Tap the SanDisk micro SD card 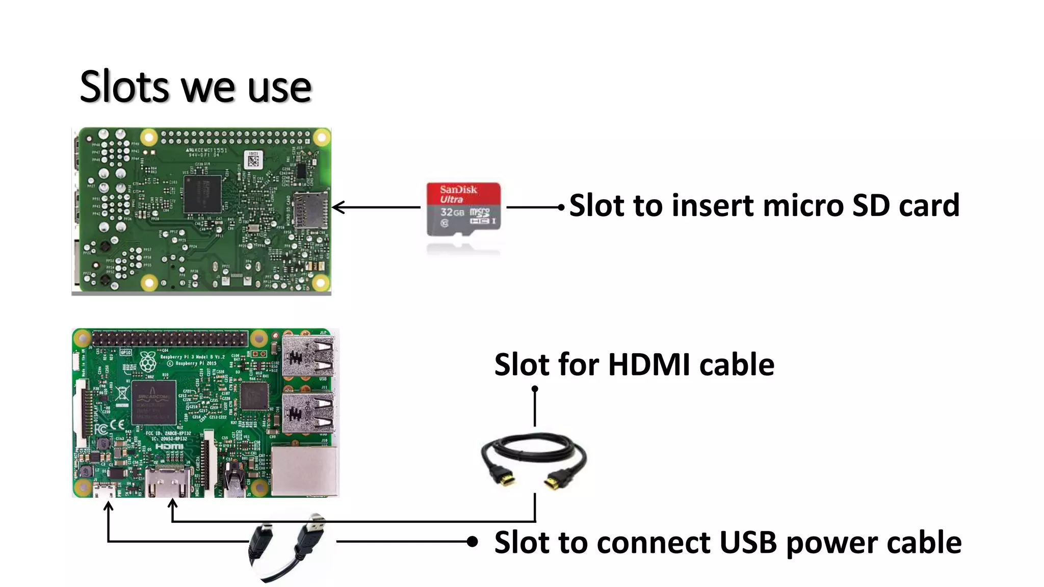click(x=463, y=209)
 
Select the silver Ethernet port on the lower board click(x=304, y=471)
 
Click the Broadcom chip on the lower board click(x=153, y=402)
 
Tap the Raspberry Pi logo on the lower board click(x=148, y=361)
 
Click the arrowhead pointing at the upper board click(x=337, y=207)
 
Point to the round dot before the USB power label click(x=473, y=542)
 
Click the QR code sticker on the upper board click(x=253, y=161)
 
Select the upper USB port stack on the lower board click(x=308, y=357)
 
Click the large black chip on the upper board click(x=202, y=194)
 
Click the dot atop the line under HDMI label click(x=535, y=389)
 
